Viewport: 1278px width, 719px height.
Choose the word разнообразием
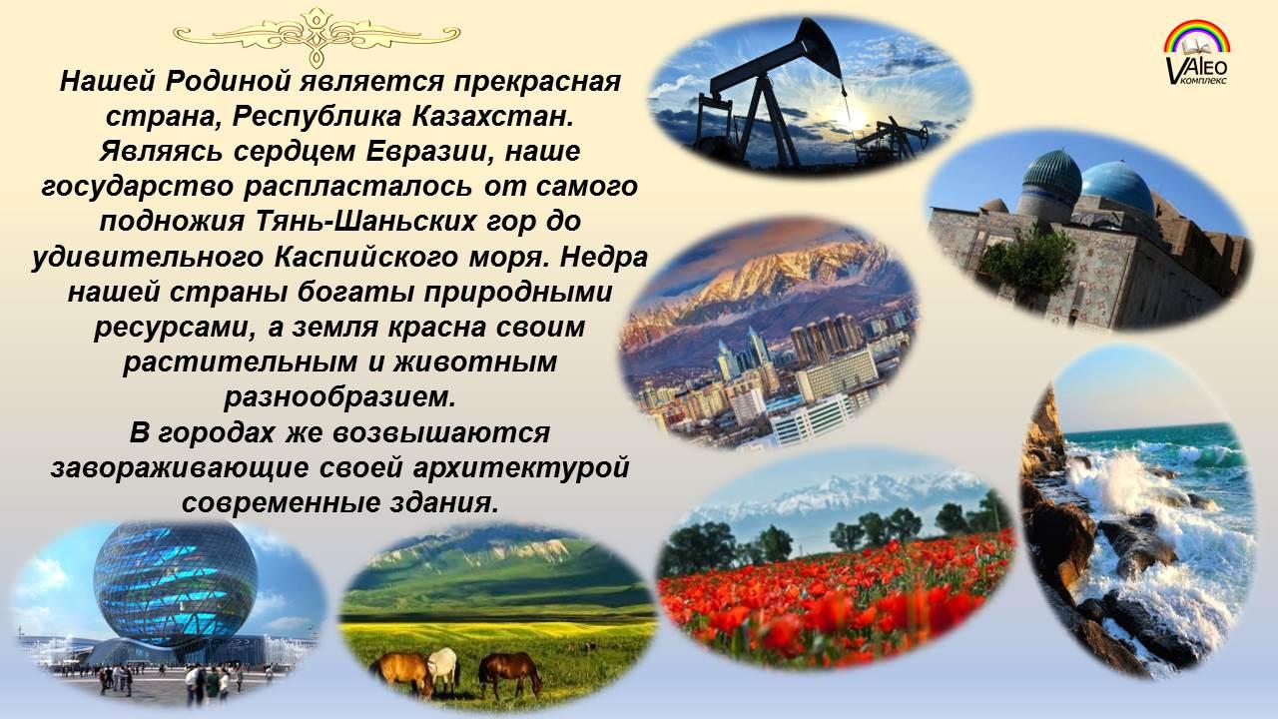click(340, 397)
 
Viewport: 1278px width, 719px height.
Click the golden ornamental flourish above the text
click(318, 35)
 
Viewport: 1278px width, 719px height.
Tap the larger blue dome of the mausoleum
click(1116, 187)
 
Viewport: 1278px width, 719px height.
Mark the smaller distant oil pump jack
click(893, 139)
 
